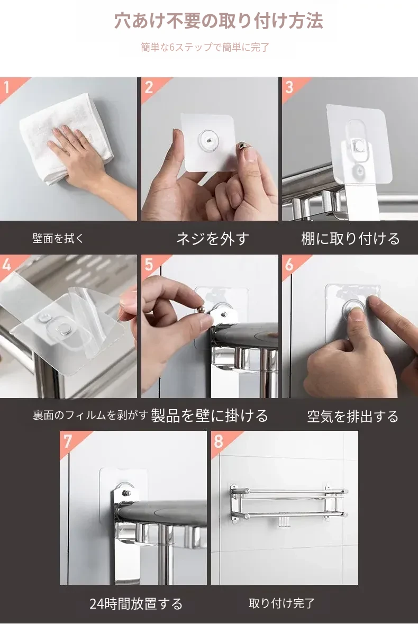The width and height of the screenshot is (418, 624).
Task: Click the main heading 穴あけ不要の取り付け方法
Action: (219, 21)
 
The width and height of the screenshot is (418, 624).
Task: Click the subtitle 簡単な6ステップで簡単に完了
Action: (205, 47)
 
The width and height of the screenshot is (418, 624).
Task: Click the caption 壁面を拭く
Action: (58, 238)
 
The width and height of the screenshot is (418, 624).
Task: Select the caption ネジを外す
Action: (212, 238)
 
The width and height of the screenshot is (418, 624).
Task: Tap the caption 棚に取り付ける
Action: (350, 238)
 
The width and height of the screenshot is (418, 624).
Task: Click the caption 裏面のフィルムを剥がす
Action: (90, 415)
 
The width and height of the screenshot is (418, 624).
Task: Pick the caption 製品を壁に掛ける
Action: (210, 415)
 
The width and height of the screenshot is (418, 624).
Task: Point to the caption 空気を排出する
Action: (352, 417)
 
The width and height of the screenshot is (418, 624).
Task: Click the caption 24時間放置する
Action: (136, 604)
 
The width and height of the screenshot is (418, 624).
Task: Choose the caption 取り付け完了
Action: (281, 603)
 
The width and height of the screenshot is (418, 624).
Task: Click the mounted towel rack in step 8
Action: (289, 504)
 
